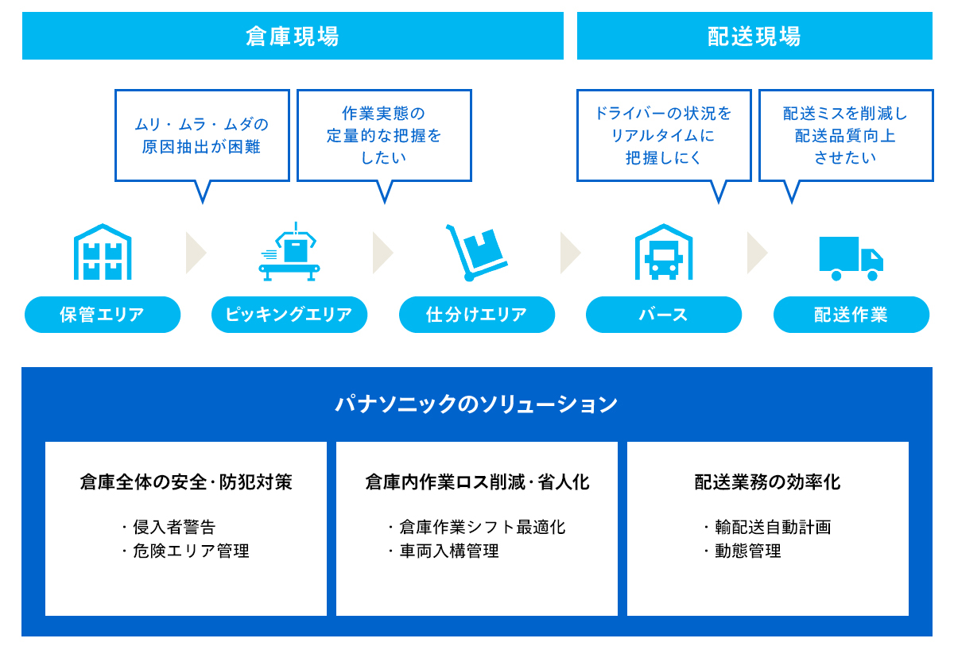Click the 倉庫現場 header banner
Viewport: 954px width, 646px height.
pyautogui.click(x=293, y=36)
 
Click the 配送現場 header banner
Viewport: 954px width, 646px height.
pyautogui.click(x=754, y=36)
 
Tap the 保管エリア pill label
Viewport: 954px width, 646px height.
pyautogui.click(x=103, y=315)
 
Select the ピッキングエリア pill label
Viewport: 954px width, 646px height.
pyautogui.click(x=289, y=315)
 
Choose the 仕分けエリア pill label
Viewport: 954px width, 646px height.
pyautogui.click(x=477, y=315)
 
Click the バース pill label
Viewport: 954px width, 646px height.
pyautogui.click(x=664, y=315)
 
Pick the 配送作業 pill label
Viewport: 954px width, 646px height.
pyautogui.click(x=851, y=315)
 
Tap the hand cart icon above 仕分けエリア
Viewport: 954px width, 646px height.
pyautogui.click(x=476, y=253)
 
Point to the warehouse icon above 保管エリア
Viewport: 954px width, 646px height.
pyautogui.click(x=103, y=252)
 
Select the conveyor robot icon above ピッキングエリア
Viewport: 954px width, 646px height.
pyautogui.click(x=289, y=252)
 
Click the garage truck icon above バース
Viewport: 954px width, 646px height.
pyautogui.click(x=664, y=252)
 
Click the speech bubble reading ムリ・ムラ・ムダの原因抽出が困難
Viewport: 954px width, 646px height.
pyautogui.click(x=202, y=136)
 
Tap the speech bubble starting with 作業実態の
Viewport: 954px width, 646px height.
pyautogui.click(x=384, y=136)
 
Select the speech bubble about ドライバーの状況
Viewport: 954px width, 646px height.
pyautogui.click(x=664, y=136)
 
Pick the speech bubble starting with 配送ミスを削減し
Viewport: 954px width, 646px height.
pyautogui.click(x=846, y=136)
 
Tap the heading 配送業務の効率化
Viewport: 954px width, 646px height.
pyautogui.click(x=767, y=482)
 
